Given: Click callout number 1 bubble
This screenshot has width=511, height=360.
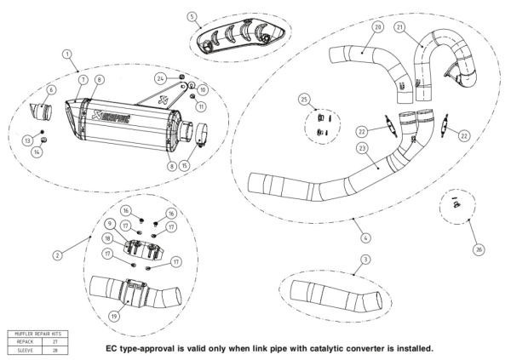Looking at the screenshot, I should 67,54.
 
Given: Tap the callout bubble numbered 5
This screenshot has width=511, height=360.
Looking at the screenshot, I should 192,17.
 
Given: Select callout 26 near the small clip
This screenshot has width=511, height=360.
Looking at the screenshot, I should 478,249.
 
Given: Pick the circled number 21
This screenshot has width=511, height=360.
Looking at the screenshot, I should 399,27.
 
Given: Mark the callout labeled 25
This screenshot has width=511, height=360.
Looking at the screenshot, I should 304,100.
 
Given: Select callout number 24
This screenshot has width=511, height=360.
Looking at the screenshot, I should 160,77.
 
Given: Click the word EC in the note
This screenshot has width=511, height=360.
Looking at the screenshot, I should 112,348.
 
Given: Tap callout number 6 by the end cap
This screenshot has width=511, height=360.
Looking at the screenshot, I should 51,89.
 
